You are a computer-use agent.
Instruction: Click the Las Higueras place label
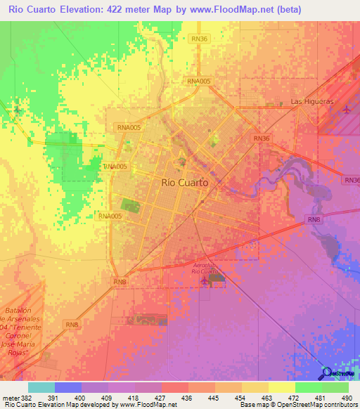coord(312,102)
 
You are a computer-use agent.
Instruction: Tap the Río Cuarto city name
coord(184,182)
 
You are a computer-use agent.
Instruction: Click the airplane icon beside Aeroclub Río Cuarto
coord(205,280)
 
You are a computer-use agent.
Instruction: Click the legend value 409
coord(108,397)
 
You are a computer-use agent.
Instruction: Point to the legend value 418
coord(135,397)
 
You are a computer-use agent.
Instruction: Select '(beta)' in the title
coord(288,10)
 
